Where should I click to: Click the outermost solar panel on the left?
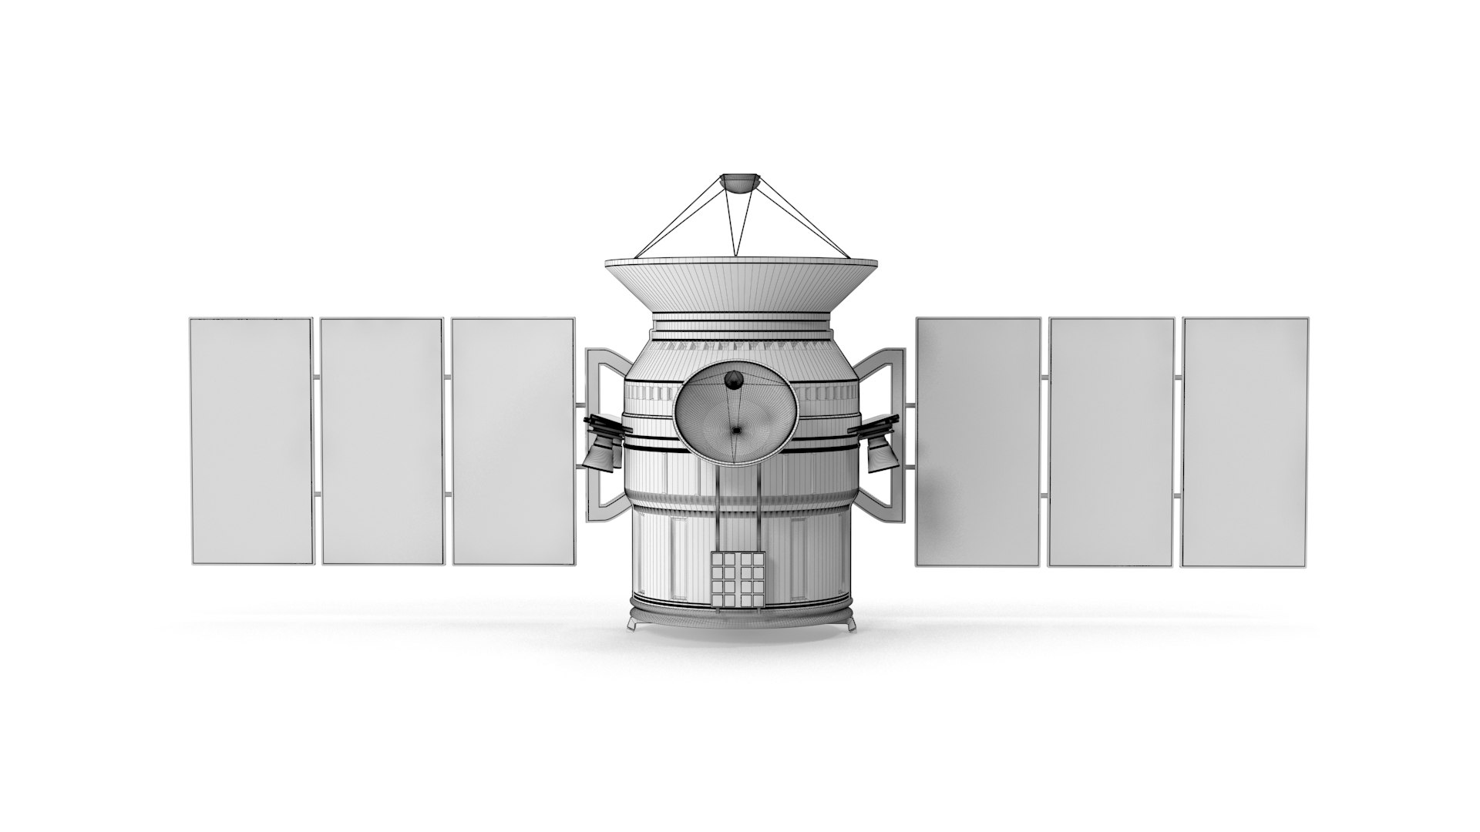coord(251,441)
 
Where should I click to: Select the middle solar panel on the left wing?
coord(382,441)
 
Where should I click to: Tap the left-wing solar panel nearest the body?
coord(513,441)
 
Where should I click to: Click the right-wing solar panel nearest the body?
coord(977,441)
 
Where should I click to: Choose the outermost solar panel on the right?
coord(1245,441)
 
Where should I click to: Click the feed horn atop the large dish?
coord(738,183)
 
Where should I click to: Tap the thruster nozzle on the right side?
coord(880,458)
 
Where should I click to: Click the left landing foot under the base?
coord(634,623)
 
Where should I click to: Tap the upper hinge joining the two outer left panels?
coord(316,377)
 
